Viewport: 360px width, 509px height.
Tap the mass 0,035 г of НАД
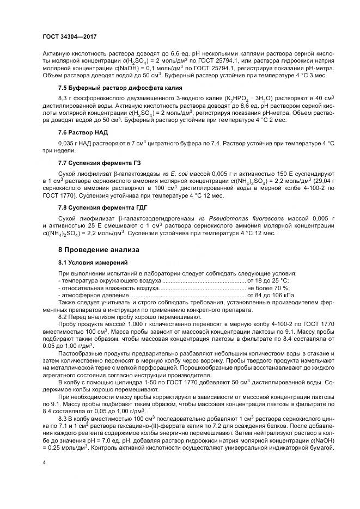pyautogui.click(x=68, y=142)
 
